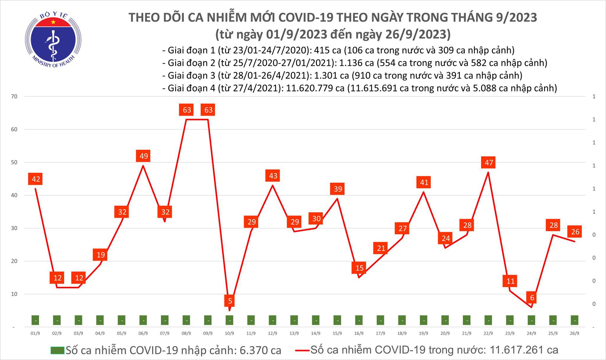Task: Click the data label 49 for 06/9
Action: [144, 156]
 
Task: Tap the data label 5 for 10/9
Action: [230, 301]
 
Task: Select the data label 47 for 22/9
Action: [489, 163]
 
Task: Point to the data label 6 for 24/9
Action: [532, 298]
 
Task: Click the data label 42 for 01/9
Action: [36, 179]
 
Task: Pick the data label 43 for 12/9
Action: [273, 176]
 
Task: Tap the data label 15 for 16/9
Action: [359, 268]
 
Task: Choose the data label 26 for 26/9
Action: [575, 232]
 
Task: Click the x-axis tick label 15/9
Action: [337, 333]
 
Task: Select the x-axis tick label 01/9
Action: [35, 333]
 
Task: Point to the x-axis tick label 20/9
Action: [445, 333]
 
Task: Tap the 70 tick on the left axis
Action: [14, 96]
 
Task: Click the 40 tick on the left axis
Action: [14, 195]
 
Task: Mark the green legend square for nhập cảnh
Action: [57, 351]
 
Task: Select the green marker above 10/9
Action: [230, 320]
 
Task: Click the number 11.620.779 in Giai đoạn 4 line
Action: [315, 88]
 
